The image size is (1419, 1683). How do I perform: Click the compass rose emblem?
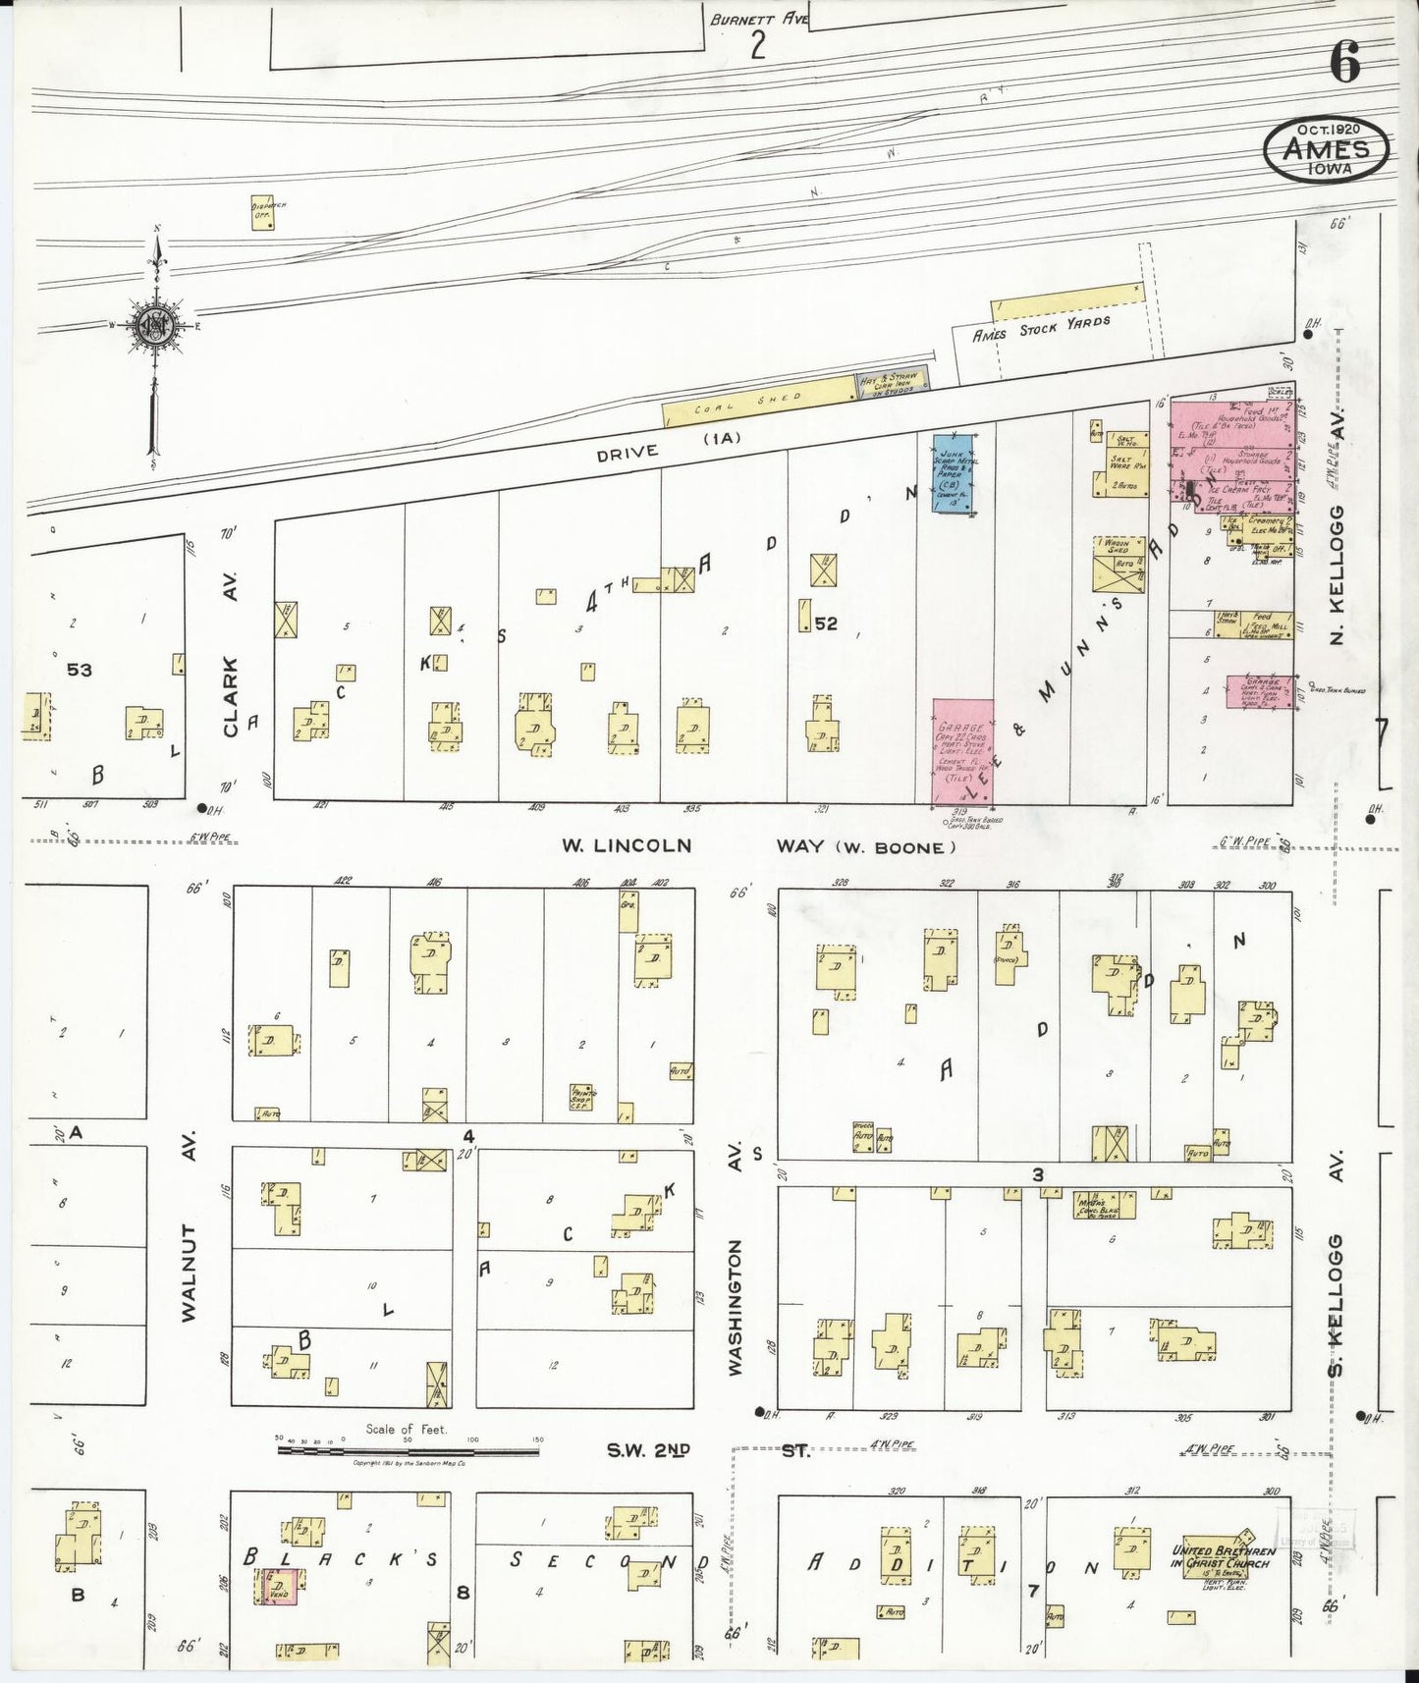pos(155,328)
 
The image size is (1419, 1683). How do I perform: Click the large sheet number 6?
pos(1345,65)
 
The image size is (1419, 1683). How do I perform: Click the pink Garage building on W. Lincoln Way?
pos(962,751)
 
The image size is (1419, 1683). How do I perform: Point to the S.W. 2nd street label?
pos(647,1448)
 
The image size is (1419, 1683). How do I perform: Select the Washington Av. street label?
pos(736,1306)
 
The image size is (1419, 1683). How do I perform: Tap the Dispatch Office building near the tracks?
pos(261,214)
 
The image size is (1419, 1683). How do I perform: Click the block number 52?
pos(826,623)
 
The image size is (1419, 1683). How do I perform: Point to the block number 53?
pos(80,670)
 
